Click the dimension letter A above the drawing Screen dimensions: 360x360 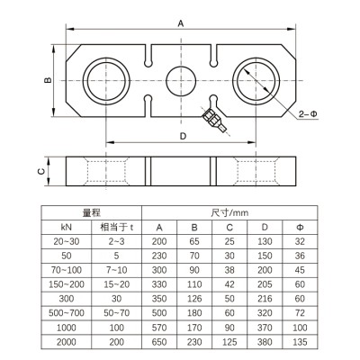(180, 25)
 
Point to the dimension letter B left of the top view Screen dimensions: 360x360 (48, 81)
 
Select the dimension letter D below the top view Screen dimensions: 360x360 (183, 135)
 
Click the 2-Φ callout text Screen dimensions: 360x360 (308, 113)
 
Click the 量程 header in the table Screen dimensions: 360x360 (92, 212)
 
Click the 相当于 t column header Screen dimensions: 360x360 (120, 228)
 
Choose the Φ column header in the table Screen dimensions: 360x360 (300, 228)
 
